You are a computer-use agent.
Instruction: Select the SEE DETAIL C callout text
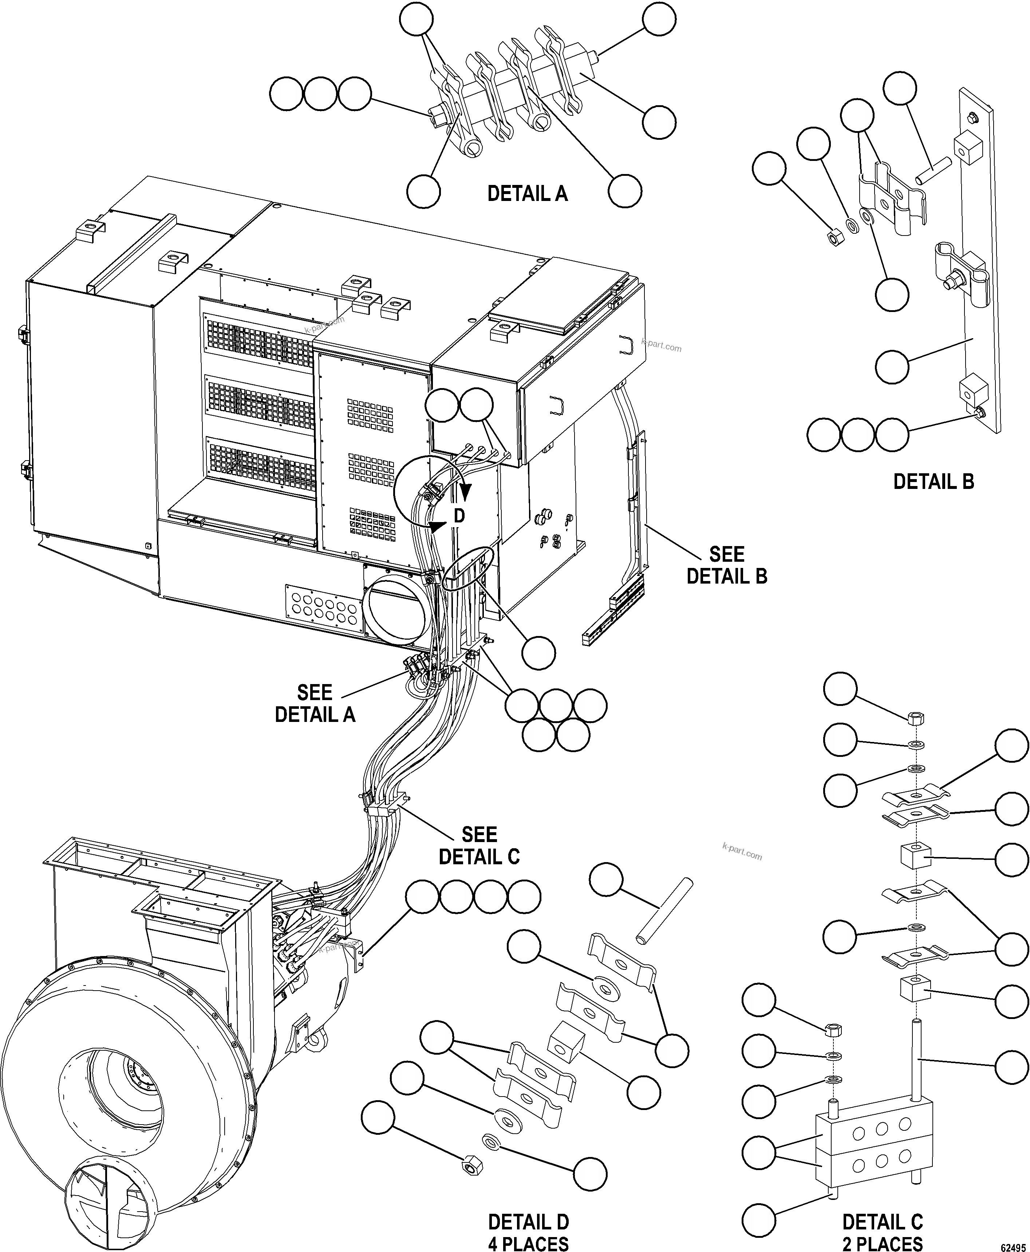coord(479,846)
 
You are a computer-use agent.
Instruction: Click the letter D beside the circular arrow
coord(459,516)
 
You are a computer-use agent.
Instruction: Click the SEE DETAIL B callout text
coord(726,565)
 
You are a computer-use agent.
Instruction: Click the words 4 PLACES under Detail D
coord(528,1243)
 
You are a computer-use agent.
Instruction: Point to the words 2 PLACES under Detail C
coord(882,1243)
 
